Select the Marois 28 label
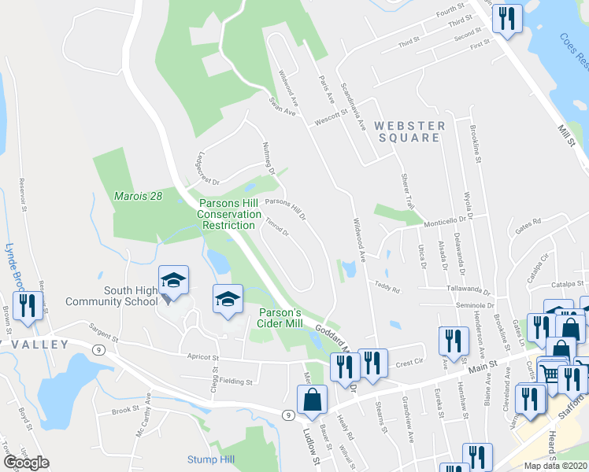tap(137, 195)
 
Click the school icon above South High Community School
tap(174, 281)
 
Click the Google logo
tap(26, 463)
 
